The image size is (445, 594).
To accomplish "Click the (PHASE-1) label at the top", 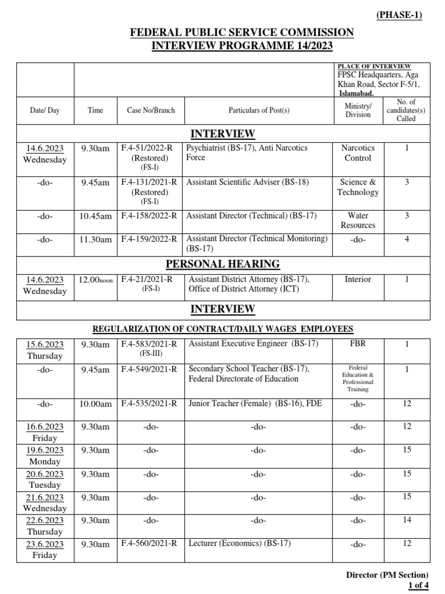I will [399, 15].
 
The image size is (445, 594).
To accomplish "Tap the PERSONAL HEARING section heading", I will [222, 265].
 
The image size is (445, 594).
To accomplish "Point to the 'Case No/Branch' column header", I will [151, 110].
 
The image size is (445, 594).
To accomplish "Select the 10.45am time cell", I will [96, 216].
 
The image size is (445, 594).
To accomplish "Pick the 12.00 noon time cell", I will [96, 280].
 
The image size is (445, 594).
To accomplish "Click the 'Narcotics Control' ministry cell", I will [358, 153].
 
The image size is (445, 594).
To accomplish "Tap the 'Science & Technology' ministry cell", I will [358, 187].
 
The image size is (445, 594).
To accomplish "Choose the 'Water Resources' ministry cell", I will [358, 220].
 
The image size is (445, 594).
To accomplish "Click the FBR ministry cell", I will [358, 343].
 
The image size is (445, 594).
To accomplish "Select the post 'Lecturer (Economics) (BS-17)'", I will [238, 544].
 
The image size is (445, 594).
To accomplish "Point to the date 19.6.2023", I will [45, 450].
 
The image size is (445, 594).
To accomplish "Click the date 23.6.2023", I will [45, 544].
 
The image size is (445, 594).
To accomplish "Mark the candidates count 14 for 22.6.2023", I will [407, 520].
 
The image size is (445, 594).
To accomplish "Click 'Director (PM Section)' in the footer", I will [387, 575].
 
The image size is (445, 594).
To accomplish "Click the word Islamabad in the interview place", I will [356, 93].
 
